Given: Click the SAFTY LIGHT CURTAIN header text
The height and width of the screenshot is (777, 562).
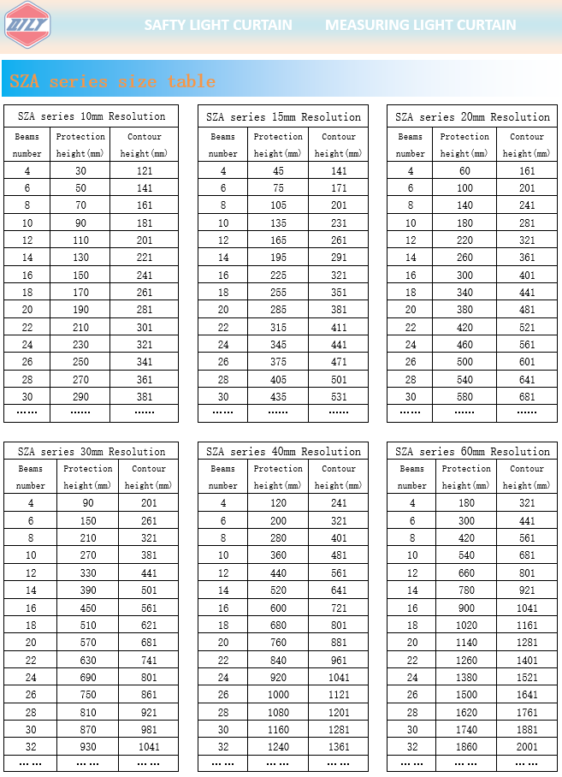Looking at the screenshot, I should (x=217, y=25).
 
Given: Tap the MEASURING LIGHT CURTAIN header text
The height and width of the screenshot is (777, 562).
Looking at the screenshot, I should (x=420, y=25).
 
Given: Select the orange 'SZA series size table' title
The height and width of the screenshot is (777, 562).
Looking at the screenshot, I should (x=112, y=81).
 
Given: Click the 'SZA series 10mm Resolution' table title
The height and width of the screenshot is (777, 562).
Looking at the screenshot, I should (x=92, y=116).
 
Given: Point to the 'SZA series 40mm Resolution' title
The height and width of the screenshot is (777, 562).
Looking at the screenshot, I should (x=283, y=451).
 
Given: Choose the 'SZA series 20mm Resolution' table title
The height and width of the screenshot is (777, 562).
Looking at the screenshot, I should (x=472, y=116).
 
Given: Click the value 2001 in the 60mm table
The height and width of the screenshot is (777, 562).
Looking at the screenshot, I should (x=527, y=747).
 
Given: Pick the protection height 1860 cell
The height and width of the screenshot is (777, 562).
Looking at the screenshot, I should (x=466, y=747).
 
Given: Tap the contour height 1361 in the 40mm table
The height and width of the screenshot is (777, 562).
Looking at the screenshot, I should (x=339, y=747).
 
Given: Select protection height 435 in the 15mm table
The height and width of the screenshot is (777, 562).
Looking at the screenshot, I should (x=278, y=397).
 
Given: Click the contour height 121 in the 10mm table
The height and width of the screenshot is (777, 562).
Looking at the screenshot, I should (x=144, y=171).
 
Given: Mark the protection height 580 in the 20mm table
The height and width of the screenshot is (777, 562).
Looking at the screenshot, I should (x=464, y=397).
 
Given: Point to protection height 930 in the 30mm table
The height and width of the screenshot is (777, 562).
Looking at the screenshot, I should (x=88, y=747).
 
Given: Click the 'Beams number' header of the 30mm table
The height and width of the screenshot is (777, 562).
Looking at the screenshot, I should (x=31, y=477).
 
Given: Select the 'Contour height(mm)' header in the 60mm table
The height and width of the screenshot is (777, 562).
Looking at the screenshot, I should (x=527, y=477).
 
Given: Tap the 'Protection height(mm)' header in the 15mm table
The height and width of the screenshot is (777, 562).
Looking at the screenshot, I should (x=278, y=145).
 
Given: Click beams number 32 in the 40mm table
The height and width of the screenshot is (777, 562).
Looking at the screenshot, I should (x=223, y=747).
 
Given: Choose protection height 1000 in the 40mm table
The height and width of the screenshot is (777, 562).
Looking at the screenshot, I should (x=278, y=695).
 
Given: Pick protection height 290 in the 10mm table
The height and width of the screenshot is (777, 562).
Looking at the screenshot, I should (x=80, y=397).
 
